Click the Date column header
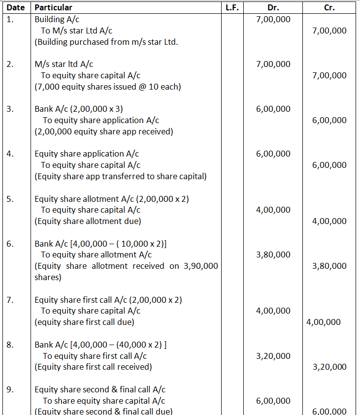(x=15, y=7)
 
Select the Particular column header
(x=53, y=7)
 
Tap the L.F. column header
(x=231, y=7)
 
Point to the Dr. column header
(x=273, y=7)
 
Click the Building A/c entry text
(x=56, y=19)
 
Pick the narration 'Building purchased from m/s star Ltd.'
(x=106, y=42)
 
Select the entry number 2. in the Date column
(x=10, y=64)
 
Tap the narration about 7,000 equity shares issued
(x=107, y=87)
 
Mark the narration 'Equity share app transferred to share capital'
(x=120, y=176)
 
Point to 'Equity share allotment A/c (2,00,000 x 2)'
(x=111, y=199)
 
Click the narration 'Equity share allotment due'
(x=88, y=221)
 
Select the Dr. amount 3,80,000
(x=273, y=255)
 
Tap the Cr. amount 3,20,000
(x=329, y=367)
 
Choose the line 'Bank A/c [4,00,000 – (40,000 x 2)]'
(x=100, y=345)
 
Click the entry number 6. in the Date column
(x=10, y=244)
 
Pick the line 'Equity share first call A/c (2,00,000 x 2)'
(x=112, y=300)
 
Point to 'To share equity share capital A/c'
(x=103, y=401)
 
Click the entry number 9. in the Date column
(x=10, y=389)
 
